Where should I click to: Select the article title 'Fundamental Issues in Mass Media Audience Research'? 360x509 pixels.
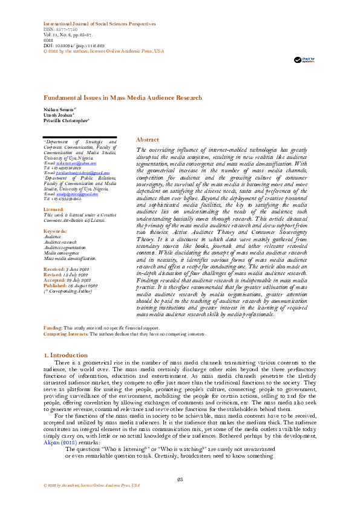(123, 97)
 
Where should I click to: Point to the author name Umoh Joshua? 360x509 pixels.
(57, 115)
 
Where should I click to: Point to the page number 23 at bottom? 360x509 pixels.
(180, 479)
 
